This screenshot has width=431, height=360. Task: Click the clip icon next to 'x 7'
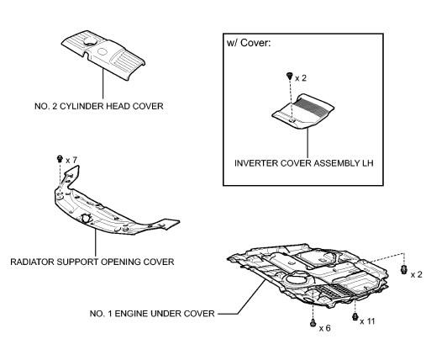[x=58, y=158]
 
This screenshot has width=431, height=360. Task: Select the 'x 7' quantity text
[x=72, y=159]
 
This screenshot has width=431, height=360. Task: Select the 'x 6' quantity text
[x=326, y=327]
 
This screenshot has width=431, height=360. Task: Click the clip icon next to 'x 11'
[x=355, y=318]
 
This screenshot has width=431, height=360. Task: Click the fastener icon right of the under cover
[x=403, y=270]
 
